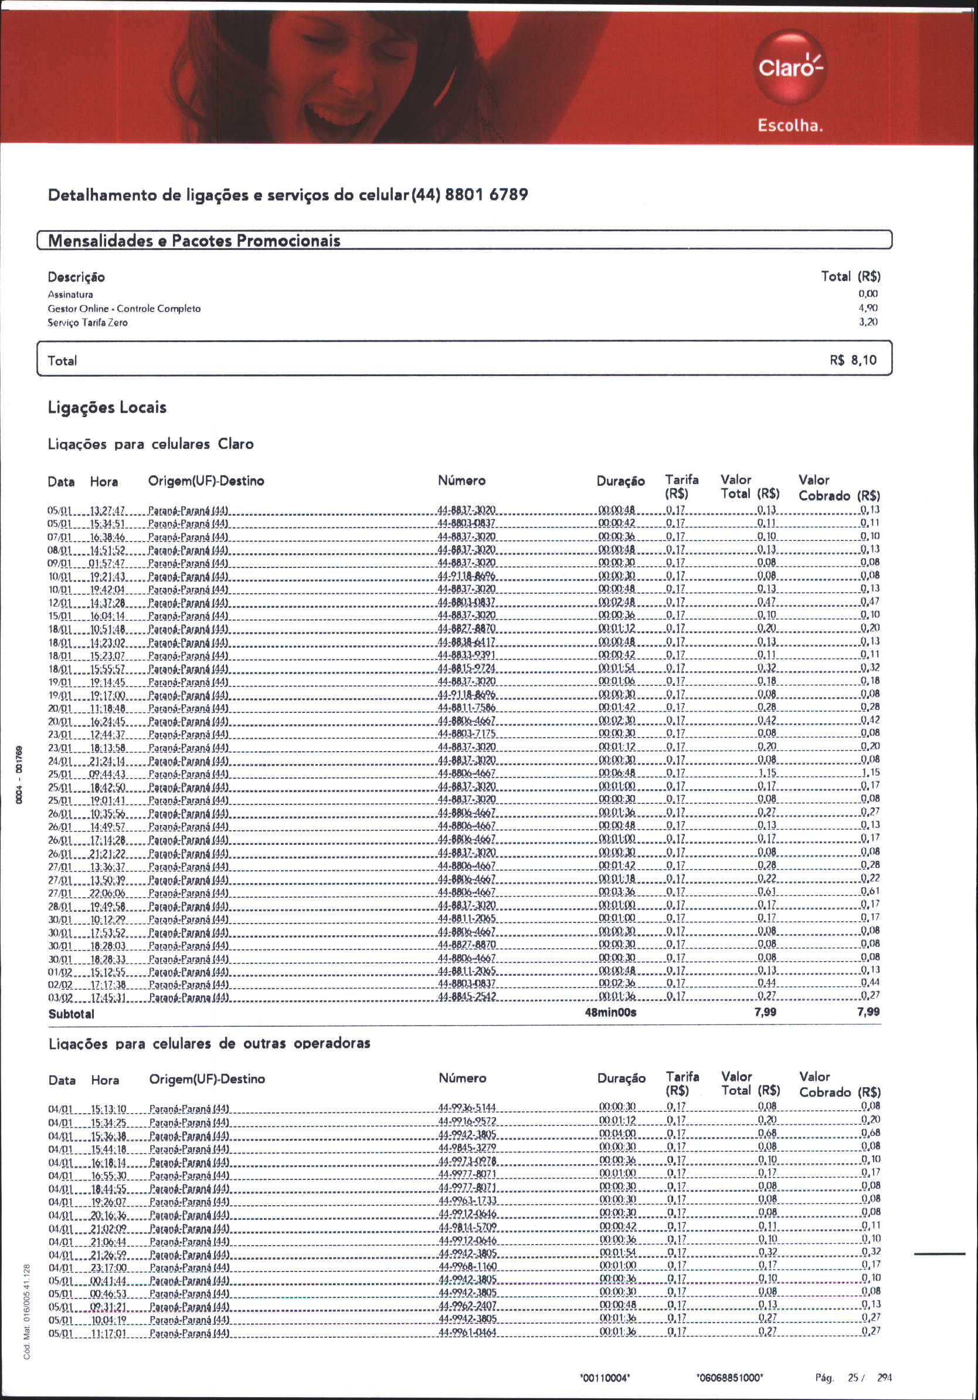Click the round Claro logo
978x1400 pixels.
point(790,67)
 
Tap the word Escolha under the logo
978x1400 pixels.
point(790,126)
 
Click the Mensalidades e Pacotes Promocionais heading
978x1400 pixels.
point(193,240)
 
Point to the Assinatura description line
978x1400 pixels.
point(70,295)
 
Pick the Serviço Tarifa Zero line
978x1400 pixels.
point(88,323)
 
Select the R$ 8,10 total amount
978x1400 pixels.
point(853,360)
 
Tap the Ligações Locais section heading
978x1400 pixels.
point(107,407)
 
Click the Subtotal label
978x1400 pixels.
point(72,1014)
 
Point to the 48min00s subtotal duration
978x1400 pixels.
point(610,1012)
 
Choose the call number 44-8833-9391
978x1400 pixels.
point(466,655)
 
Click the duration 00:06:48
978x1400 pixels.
point(617,773)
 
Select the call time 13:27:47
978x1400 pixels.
point(107,510)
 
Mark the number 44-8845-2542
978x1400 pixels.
point(467,996)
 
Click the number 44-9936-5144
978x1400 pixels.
point(467,1107)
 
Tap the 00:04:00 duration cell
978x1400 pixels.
point(617,1133)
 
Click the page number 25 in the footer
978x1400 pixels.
point(853,1378)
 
